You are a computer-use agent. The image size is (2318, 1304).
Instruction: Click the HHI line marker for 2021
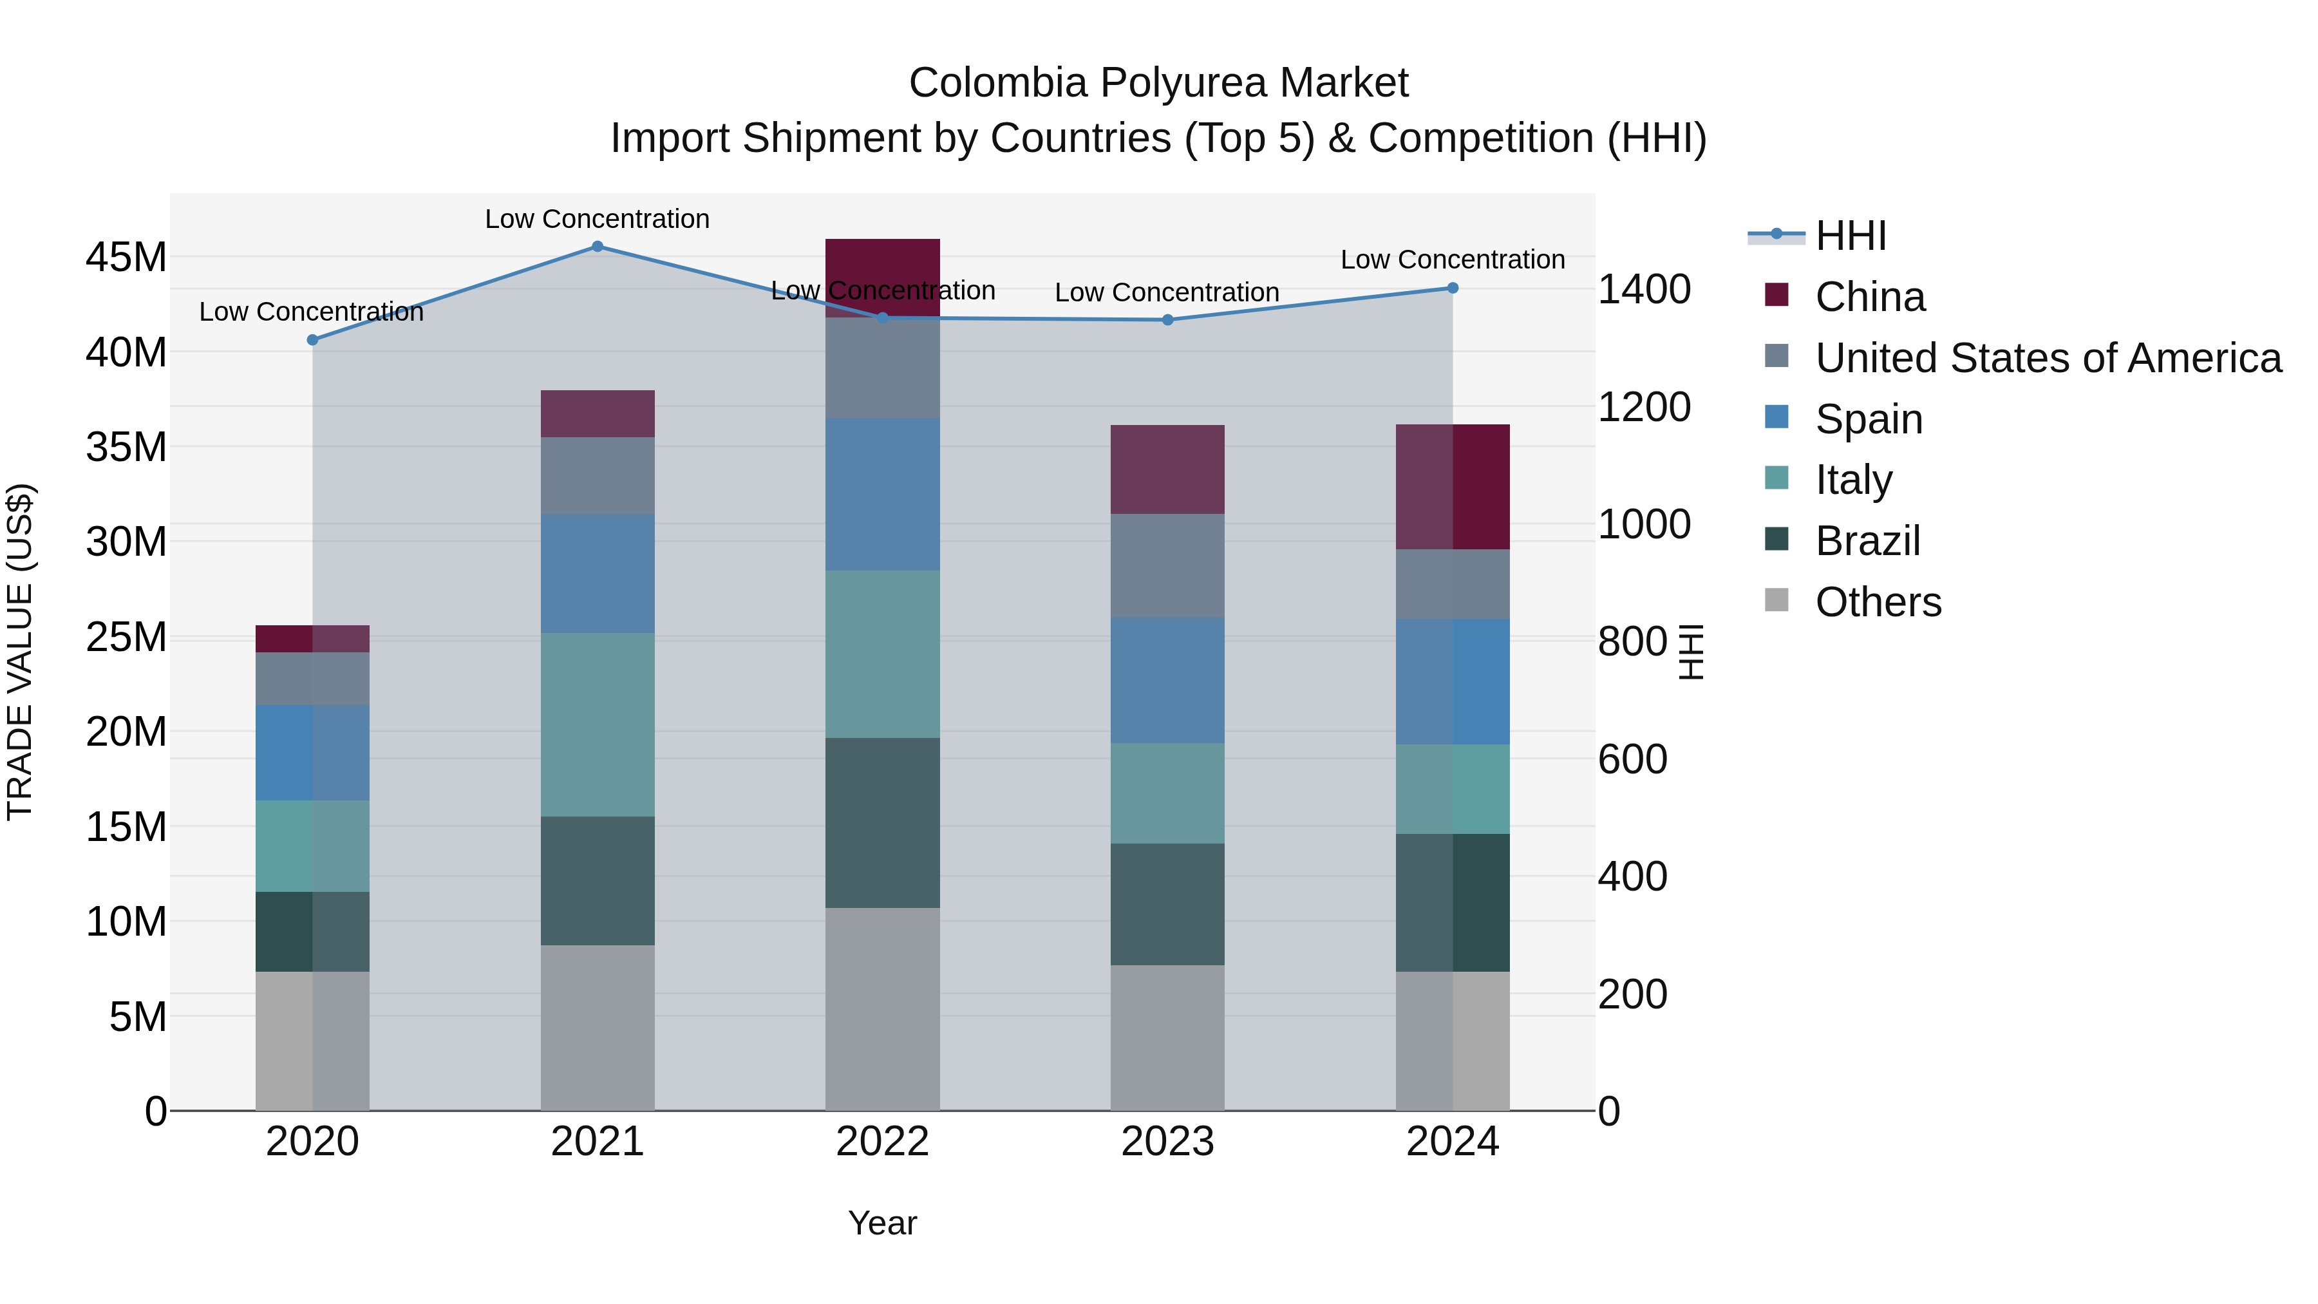(x=598, y=247)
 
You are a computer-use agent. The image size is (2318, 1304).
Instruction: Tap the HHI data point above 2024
(x=1453, y=288)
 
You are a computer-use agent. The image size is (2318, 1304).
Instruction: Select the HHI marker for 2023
(x=1168, y=319)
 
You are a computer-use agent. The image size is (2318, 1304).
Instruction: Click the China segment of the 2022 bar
(x=883, y=270)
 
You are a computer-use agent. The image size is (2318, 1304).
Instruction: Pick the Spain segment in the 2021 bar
(x=598, y=573)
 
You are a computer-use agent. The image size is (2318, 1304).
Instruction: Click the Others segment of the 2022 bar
(x=883, y=1008)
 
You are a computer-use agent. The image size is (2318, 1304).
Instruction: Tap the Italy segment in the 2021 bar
(x=598, y=724)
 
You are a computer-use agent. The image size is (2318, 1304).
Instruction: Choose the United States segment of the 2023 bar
(x=1168, y=565)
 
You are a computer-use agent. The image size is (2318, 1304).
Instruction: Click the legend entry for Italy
(x=1854, y=480)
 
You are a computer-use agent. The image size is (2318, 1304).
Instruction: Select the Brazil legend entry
(x=1867, y=541)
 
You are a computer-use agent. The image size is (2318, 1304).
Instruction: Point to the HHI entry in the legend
(x=1850, y=236)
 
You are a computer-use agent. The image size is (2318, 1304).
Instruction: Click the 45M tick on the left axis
(x=126, y=258)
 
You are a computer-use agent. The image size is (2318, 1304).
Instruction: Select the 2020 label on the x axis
(x=312, y=1142)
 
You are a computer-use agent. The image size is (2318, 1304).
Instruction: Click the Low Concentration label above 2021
(x=598, y=219)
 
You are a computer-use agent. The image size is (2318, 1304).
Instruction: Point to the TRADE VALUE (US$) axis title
(x=20, y=652)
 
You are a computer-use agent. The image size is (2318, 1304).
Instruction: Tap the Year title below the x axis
(x=882, y=1223)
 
